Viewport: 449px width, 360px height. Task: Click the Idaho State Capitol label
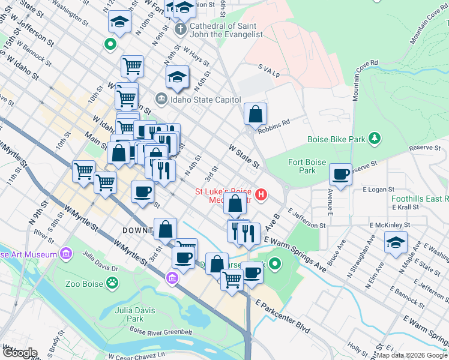click(205, 100)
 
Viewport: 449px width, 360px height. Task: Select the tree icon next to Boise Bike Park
click(375, 139)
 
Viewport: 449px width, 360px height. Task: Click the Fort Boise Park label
click(307, 166)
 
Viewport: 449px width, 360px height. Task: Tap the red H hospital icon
click(261, 195)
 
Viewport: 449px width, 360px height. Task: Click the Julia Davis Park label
click(130, 314)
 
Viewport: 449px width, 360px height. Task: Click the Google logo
click(19, 353)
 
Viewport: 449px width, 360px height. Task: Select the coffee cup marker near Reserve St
click(341, 175)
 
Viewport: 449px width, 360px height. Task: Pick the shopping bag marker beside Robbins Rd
click(255, 113)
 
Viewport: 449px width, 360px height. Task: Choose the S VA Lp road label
click(268, 71)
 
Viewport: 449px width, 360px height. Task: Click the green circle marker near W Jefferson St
click(110, 43)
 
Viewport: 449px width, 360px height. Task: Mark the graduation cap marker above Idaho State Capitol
click(177, 76)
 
